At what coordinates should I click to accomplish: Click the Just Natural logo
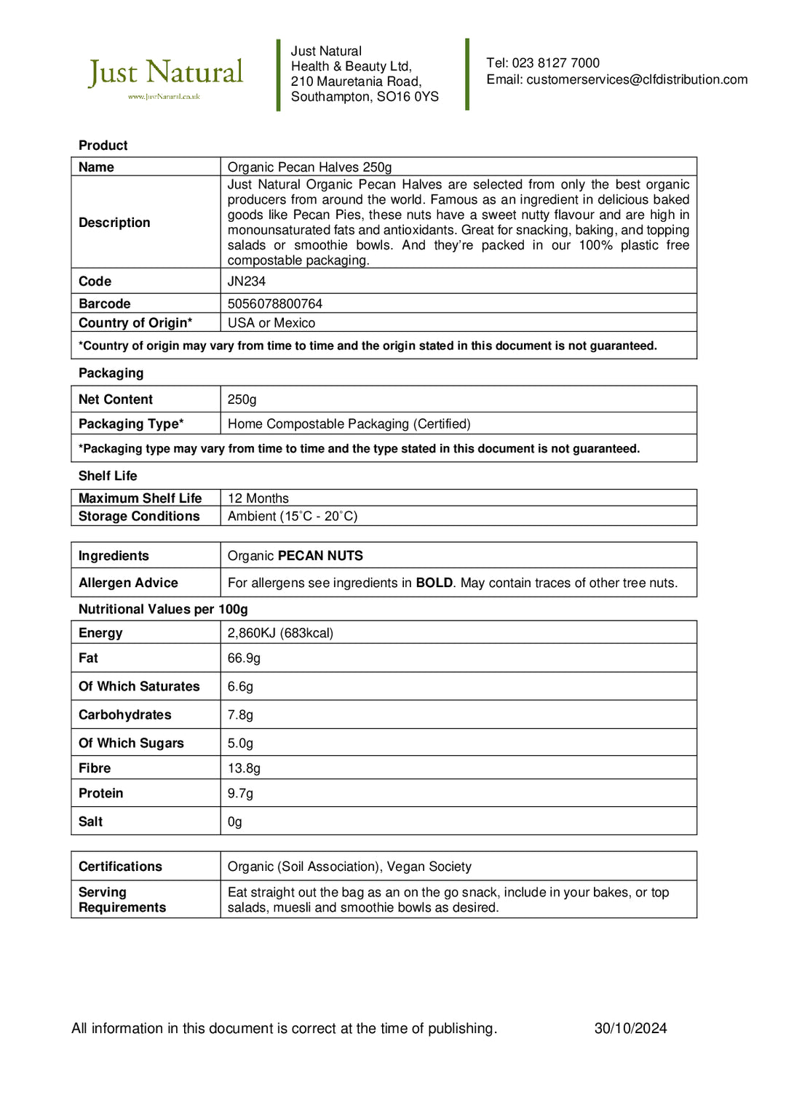click(x=165, y=76)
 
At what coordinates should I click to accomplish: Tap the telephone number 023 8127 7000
click(x=555, y=63)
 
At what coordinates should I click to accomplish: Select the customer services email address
click(x=636, y=80)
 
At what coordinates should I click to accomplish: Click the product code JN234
click(x=247, y=282)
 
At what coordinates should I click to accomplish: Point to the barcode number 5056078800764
click(x=274, y=304)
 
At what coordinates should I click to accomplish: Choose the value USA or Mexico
click(x=271, y=323)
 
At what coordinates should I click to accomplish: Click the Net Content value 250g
click(x=242, y=399)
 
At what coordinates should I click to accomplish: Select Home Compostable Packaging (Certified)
click(x=349, y=424)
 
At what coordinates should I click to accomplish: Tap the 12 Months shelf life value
click(x=258, y=498)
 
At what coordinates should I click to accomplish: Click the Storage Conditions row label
click(x=139, y=517)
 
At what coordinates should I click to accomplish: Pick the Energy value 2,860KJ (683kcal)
click(x=280, y=633)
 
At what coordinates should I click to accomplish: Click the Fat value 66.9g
click(x=244, y=658)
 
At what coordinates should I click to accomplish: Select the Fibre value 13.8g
click(x=244, y=768)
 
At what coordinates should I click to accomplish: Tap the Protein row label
click(x=100, y=794)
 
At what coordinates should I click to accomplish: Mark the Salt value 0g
click(x=234, y=822)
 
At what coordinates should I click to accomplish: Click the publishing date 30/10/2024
click(x=630, y=1029)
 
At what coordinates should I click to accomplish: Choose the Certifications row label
click(x=120, y=867)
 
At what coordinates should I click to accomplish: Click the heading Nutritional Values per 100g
click(x=163, y=610)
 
